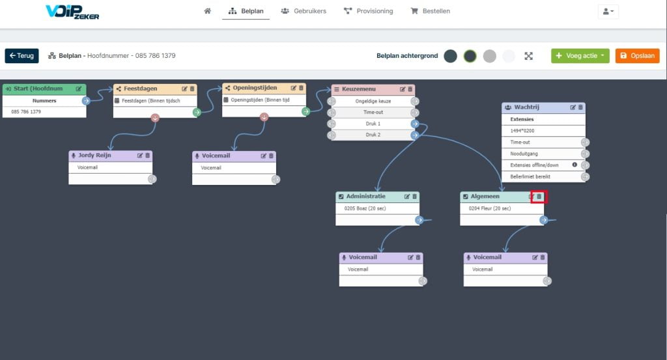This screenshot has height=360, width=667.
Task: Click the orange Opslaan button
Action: point(637,56)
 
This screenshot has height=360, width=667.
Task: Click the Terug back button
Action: point(21,56)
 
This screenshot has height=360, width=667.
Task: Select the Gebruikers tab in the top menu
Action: point(304,11)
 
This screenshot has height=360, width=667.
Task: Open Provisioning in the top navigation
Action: point(369,11)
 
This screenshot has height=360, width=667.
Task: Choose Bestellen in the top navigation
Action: point(430,11)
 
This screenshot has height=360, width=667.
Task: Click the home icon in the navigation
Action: point(207,11)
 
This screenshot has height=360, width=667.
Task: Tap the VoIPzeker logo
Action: point(72,12)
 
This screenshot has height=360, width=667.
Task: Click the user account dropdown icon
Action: point(608,12)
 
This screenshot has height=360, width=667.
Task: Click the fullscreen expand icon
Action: point(528,56)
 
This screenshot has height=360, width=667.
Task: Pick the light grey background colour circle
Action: point(490,56)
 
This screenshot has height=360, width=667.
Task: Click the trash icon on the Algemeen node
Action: point(539,197)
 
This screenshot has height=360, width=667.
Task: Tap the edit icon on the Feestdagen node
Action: point(184,89)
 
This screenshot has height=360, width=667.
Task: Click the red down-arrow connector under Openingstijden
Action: point(264,117)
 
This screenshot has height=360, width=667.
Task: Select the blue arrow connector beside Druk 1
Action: point(415,124)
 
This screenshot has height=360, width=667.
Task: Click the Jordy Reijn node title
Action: point(94,155)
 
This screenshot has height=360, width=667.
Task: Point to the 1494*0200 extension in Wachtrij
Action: point(522,131)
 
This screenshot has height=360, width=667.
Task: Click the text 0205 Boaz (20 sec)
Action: point(365,208)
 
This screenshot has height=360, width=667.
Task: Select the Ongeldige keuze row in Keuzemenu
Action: point(373,101)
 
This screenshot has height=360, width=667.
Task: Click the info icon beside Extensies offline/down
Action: point(575,165)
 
